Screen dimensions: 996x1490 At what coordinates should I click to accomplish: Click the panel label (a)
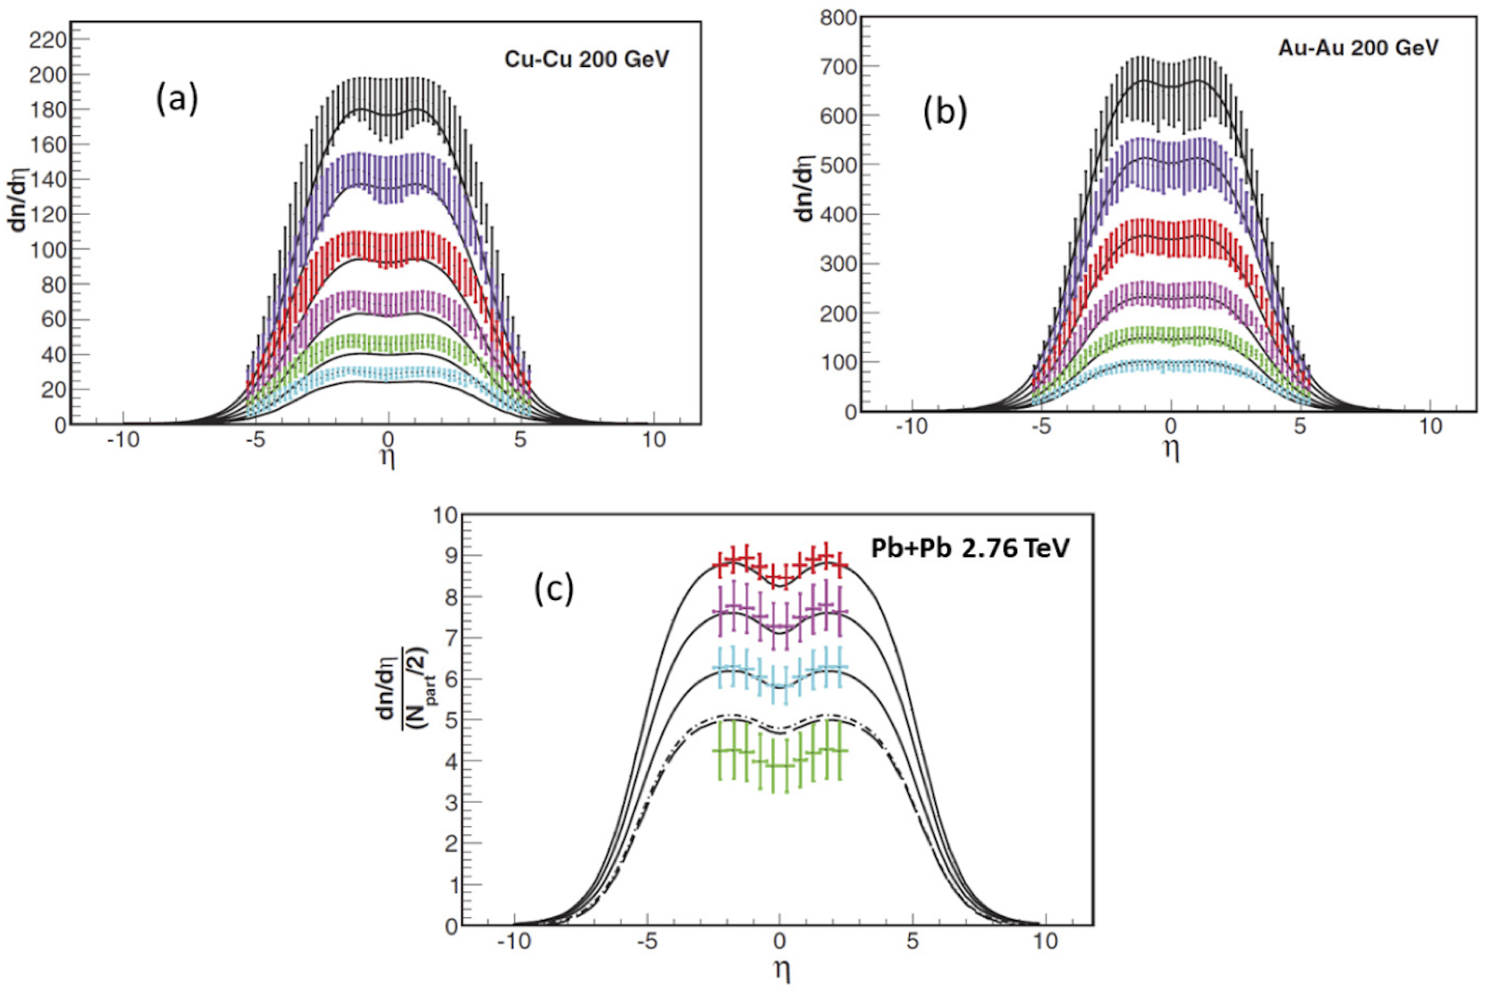(x=177, y=97)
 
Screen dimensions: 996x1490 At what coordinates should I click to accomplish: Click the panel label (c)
(x=554, y=589)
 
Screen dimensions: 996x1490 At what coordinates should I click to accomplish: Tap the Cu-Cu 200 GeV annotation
(x=586, y=59)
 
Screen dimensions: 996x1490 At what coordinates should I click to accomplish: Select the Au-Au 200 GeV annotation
(x=1358, y=47)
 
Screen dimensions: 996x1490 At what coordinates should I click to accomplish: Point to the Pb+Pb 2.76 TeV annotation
(x=970, y=547)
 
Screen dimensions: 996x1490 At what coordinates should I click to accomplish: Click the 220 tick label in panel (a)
(x=48, y=39)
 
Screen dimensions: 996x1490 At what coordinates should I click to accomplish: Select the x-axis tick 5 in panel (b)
(x=1300, y=426)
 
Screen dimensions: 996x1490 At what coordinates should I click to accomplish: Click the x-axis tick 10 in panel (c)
(x=1044, y=941)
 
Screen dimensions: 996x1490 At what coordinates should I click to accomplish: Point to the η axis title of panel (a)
(x=388, y=458)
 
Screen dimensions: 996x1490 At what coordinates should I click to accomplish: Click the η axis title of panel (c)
(x=780, y=970)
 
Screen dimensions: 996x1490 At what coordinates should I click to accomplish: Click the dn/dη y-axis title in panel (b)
(x=804, y=188)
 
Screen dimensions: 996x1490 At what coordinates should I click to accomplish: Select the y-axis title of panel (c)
(x=401, y=687)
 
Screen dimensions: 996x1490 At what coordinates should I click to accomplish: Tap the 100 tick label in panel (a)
(x=48, y=249)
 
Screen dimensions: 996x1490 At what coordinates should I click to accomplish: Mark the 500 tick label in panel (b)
(x=838, y=165)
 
